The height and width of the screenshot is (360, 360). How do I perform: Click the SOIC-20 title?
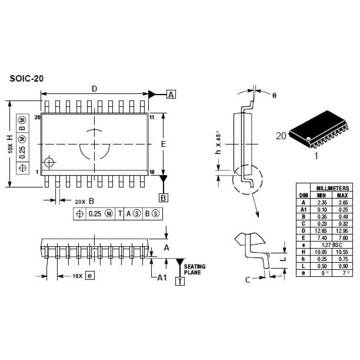[x=26, y=78]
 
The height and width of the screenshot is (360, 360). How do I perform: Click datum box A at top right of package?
[x=171, y=94]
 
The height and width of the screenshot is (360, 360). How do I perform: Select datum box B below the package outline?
[x=163, y=198]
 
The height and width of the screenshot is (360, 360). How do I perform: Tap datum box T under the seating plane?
[x=180, y=281]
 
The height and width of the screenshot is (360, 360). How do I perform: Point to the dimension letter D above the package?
[x=94, y=89]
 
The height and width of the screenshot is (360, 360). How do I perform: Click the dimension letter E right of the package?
[x=163, y=144]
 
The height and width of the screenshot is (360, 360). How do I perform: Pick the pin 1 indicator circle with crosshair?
[x=49, y=163]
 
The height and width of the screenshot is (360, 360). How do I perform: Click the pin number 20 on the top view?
[x=37, y=117]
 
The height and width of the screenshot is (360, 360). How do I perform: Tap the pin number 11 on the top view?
[x=152, y=117]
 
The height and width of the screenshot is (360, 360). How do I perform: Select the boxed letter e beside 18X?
[x=90, y=275]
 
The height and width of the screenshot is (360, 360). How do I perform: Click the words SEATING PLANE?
[x=194, y=269]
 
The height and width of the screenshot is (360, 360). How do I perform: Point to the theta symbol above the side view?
[x=274, y=95]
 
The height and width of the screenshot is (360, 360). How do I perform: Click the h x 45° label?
[x=218, y=142]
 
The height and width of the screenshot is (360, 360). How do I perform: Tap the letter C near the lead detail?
[x=248, y=280]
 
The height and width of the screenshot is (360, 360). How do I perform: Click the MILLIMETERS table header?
[x=333, y=188]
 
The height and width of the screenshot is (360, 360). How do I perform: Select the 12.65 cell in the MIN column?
[x=320, y=231]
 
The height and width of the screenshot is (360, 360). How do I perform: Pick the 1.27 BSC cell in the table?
[x=332, y=245]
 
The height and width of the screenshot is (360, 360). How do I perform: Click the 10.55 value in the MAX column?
[x=342, y=252]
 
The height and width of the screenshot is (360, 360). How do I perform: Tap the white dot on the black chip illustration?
[x=309, y=139]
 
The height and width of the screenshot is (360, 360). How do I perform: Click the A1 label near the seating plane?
[x=162, y=278]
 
